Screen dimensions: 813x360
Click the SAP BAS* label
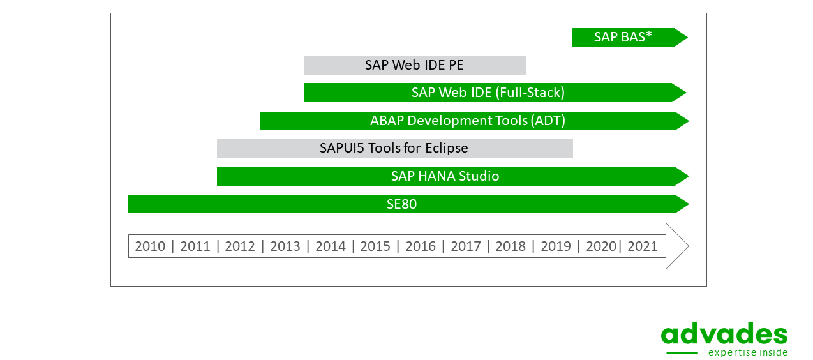click(x=623, y=37)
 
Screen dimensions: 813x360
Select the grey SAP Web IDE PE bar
click(x=415, y=65)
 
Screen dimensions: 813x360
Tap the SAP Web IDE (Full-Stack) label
click(x=488, y=93)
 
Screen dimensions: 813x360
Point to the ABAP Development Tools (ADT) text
click(x=468, y=121)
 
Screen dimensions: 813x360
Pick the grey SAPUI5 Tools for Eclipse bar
click(x=395, y=148)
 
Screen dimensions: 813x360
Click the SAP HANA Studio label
click(x=445, y=176)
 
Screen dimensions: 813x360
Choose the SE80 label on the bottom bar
click(x=401, y=204)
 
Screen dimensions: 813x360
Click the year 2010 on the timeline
click(x=150, y=246)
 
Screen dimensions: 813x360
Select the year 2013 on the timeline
click(x=285, y=246)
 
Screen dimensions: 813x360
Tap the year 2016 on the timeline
click(x=421, y=246)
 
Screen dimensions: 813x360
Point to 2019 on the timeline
click(x=556, y=246)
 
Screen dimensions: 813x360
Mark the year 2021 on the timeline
click(x=643, y=246)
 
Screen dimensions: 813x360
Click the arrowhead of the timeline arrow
click(x=689, y=246)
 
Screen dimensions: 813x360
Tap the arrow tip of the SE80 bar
click(x=689, y=204)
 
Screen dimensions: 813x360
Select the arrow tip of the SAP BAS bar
click(x=687, y=38)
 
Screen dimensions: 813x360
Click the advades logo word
click(x=724, y=333)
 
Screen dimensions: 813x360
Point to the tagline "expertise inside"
click(x=748, y=352)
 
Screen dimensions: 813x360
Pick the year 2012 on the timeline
click(x=239, y=246)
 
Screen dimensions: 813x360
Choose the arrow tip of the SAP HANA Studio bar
click(x=689, y=176)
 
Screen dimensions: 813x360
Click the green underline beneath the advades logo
click(x=682, y=352)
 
